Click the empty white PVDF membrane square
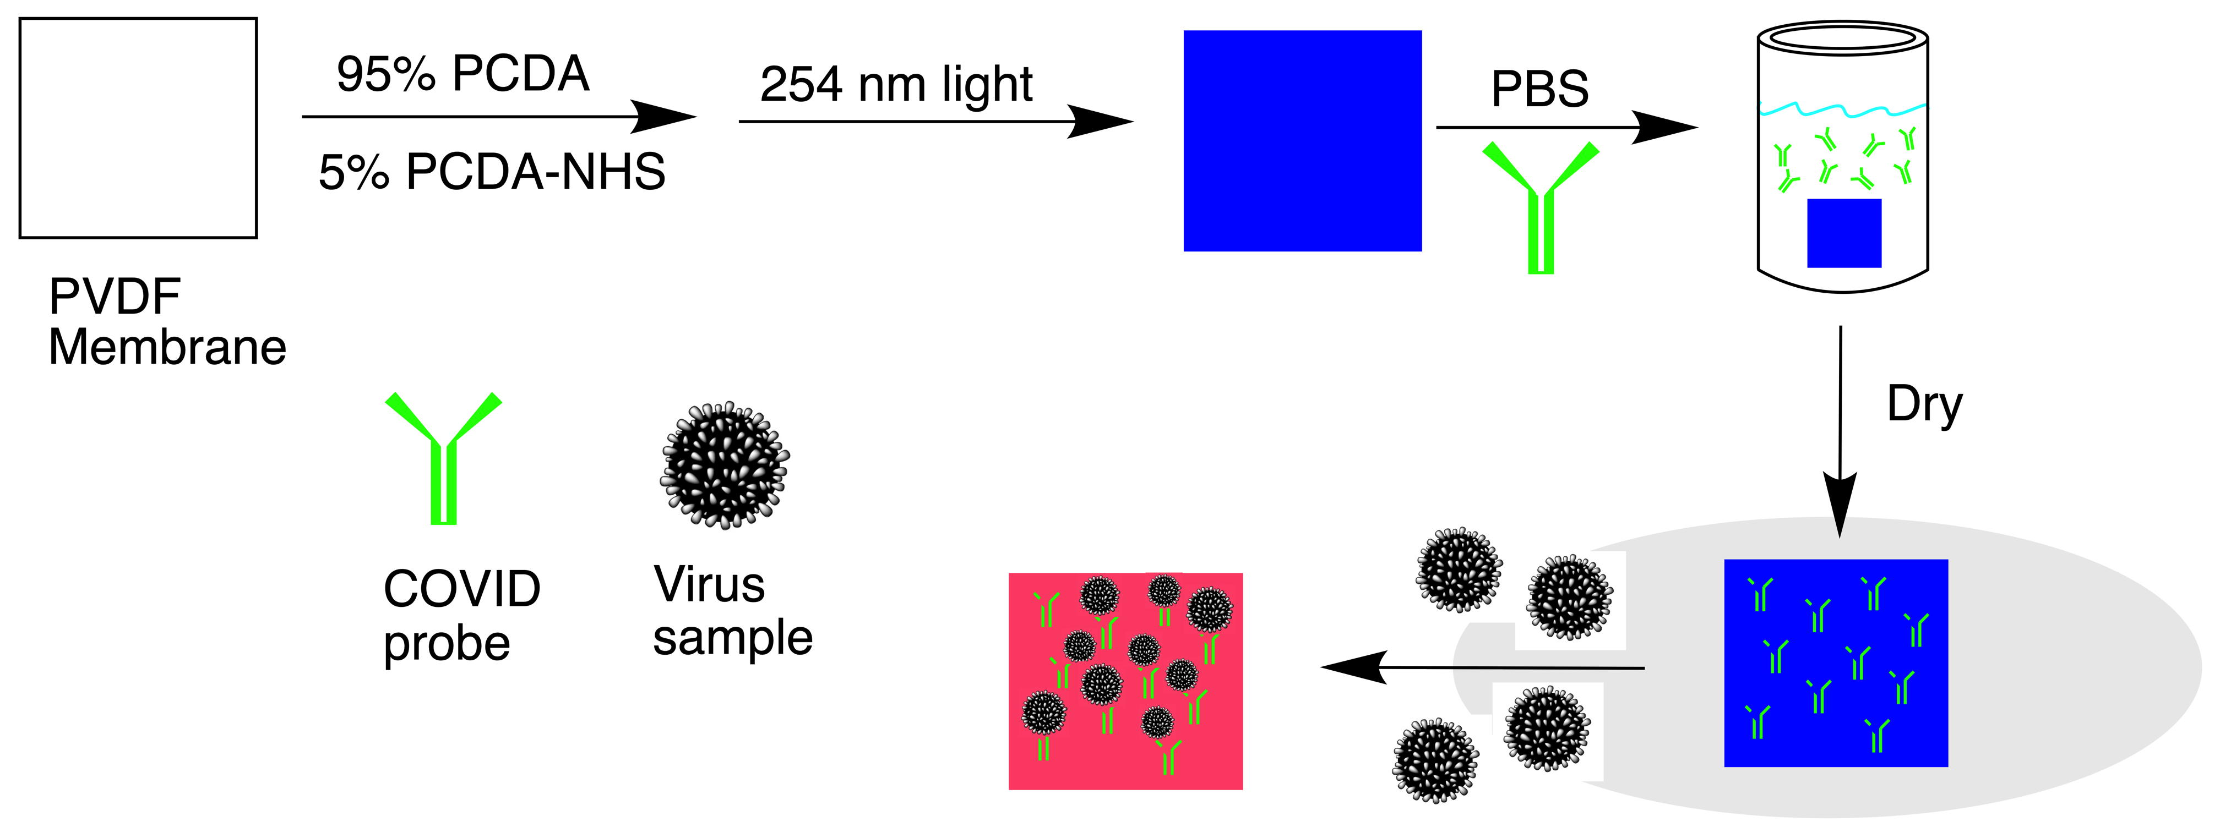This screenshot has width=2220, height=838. tap(138, 128)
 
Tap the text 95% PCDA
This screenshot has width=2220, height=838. tap(463, 74)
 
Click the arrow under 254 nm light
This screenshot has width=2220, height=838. tap(935, 122)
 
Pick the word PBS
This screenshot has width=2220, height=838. tap(1539, 89)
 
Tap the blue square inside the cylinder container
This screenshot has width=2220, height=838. tap(1843, 233)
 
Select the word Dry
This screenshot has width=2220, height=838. tap(1924, 404)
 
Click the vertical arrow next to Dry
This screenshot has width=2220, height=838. tap(1840, 431)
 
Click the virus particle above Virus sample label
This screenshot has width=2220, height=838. tap(724, 465)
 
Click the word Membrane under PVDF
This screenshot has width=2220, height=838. tap(167, 348)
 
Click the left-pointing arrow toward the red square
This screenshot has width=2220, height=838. tap(1482, 667)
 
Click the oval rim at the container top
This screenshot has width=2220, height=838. tap(1842, 36)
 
